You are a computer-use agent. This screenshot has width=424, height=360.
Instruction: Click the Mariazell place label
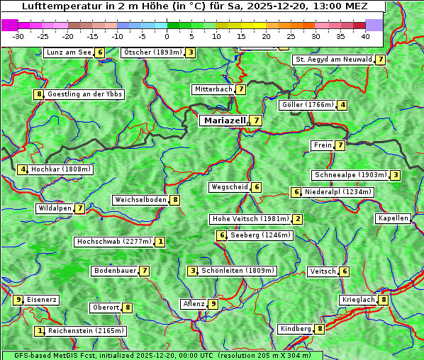224,120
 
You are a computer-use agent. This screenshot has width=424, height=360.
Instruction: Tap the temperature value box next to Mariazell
256,120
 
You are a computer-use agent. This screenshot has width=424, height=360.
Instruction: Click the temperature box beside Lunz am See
100,52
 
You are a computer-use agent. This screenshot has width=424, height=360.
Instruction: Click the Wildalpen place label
55,208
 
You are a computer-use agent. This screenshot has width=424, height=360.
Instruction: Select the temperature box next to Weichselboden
175,200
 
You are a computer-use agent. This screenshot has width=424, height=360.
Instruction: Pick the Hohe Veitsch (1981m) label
250,219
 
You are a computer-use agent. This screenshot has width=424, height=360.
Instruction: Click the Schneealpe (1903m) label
350,175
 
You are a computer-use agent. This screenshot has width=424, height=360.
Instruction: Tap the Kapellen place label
393,218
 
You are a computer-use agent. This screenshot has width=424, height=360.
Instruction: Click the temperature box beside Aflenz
213,304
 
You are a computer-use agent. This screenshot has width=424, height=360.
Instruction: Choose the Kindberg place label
296,329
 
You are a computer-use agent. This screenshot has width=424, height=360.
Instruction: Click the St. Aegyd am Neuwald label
333,60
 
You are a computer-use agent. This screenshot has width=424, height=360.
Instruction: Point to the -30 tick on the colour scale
18,35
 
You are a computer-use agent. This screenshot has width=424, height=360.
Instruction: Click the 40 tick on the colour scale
365,35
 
